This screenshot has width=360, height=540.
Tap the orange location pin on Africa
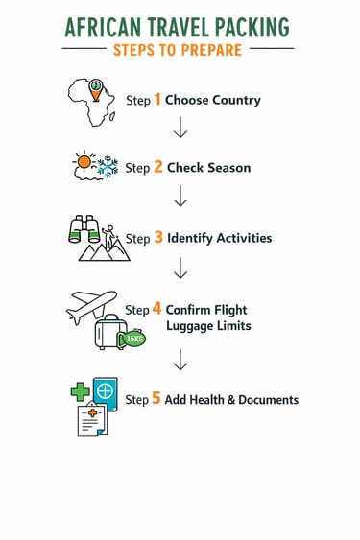pos(96,89)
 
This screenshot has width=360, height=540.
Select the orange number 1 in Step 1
pos(158,99)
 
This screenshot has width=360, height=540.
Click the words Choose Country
pos(212,100)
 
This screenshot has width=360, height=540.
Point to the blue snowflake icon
pos(108,168)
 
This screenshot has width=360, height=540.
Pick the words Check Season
pos(208,168)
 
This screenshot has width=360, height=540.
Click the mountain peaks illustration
pos(104,250)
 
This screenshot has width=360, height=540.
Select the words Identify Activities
pos(219,238)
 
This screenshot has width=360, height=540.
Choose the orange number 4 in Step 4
pos(157,310)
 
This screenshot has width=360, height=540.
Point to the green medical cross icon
pos(80,391)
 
